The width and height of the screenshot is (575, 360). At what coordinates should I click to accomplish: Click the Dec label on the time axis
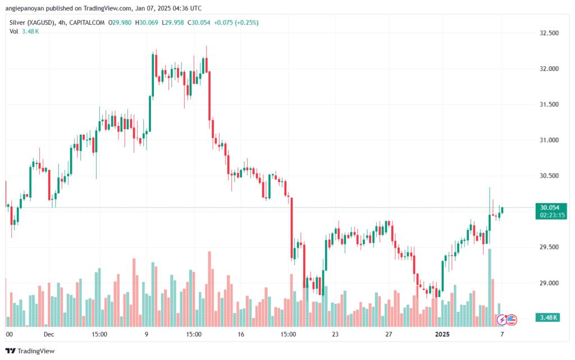pos(49,334)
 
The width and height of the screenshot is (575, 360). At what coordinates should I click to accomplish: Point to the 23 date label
pos(335,334)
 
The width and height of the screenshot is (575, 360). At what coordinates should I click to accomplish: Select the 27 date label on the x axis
pos(387,334)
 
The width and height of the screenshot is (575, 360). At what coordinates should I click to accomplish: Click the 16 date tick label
pos(241,334)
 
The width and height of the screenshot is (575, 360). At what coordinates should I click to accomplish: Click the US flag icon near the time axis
pos(511,320)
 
